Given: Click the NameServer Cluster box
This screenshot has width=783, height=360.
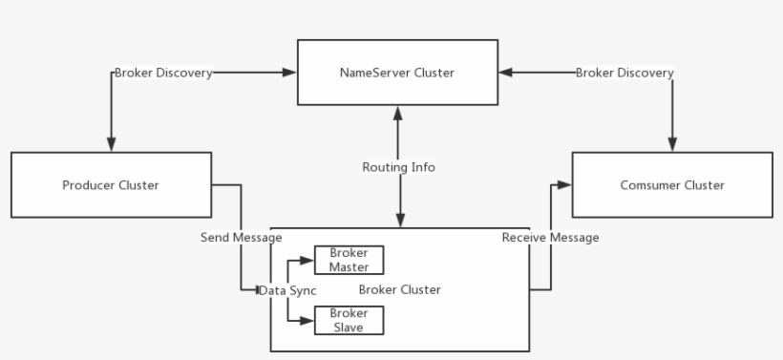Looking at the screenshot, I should [397, 72].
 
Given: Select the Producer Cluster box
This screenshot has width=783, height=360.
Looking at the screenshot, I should [111, 184].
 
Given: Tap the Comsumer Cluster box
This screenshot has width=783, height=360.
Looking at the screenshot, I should [670, 184].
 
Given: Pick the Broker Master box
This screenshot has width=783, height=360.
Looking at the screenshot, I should [349, 259].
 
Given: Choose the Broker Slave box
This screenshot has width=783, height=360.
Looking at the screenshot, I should [349, 320].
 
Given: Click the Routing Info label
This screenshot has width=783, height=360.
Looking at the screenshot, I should [398, 167].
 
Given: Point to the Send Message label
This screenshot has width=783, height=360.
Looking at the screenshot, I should [241, 237].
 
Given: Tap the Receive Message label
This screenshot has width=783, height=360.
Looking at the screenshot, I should [551, 237].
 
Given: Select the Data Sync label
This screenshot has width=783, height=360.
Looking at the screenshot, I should [287, 289].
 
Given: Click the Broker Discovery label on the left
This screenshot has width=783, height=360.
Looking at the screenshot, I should [162, 73].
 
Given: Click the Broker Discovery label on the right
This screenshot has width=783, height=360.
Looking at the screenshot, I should [624, 73].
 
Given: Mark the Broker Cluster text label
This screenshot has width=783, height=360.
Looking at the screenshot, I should [400, 289].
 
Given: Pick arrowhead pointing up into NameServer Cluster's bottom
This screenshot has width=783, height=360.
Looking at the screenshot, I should [398, 111].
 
